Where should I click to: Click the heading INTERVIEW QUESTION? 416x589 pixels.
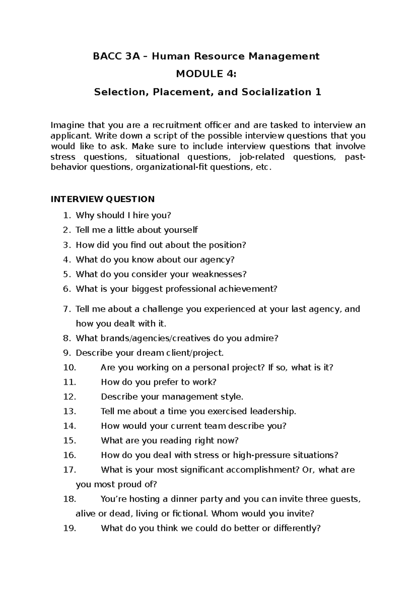tap(103, 199)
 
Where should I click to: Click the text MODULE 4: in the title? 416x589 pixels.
tap(207, 74)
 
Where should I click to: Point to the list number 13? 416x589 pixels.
tap(69, 411)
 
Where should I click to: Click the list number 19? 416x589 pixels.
tap(69, 528)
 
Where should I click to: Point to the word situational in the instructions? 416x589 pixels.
tap(157, 157)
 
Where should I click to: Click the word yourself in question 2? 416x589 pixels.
tap(181, 230)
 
